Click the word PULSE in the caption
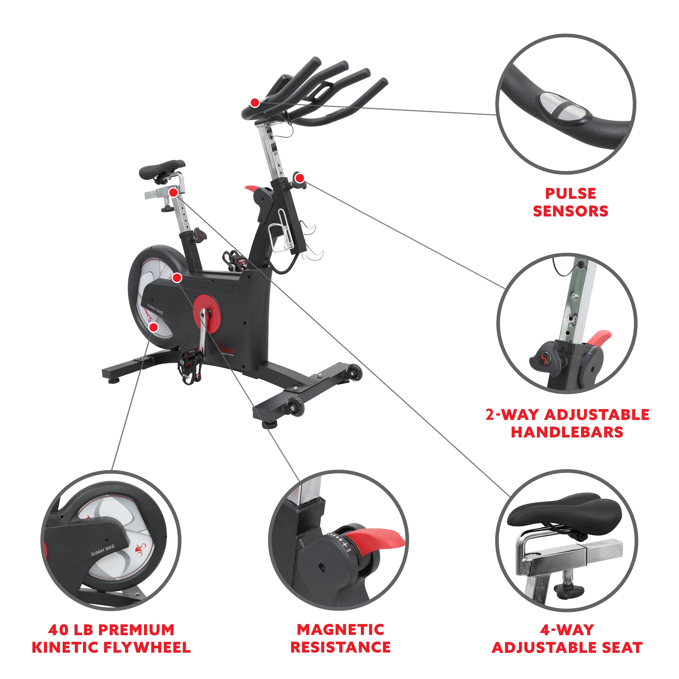coord(570,194)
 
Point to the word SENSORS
coord(570,211)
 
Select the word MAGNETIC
coord(340,630)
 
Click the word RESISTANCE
coord(340,647)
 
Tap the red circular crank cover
coord(206,314)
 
